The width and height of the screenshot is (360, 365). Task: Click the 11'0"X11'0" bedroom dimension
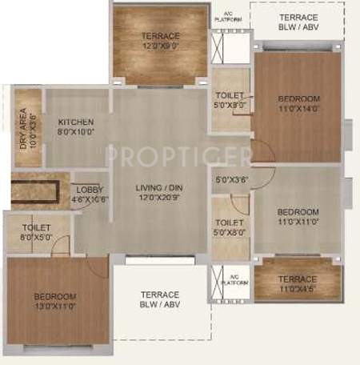click(298, 222)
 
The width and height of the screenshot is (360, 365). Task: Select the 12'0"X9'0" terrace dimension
click(160, 46)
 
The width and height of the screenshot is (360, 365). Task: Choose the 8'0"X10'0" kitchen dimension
click(75, 133)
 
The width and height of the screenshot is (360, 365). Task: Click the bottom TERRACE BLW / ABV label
click(160, 299)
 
